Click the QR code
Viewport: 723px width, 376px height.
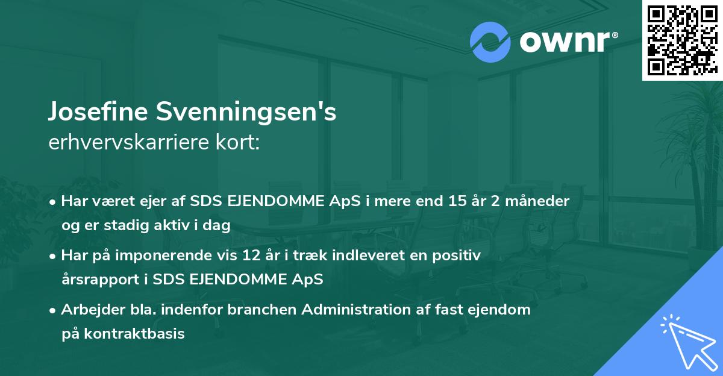[x=681, y=40]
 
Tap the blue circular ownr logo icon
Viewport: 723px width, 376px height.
[x=490, y=42]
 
